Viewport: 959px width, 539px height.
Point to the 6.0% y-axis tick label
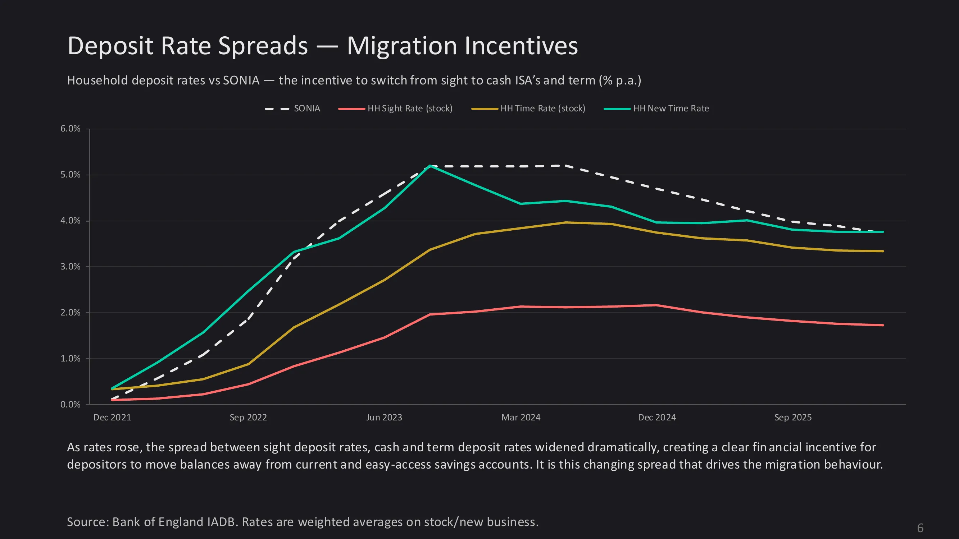(71, 129)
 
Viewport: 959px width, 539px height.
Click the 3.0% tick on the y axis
(71, 266)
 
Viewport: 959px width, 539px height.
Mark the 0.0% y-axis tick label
(71, 404)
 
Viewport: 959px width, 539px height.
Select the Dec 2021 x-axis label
(112, 417)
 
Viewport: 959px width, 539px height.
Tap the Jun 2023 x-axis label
(384, 417)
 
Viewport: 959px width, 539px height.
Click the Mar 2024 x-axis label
(521, 417)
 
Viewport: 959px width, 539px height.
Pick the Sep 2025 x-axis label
(792, 417)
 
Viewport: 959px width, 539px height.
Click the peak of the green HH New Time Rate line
(430, 166)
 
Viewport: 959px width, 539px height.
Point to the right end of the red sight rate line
(883, 325)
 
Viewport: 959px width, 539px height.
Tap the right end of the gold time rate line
(883, 251)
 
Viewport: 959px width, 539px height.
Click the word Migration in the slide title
(402, 46)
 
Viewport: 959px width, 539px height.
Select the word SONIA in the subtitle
(241, 80)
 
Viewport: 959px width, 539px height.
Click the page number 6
(920, 528)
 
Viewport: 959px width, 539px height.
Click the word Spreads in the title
(263, 46)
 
